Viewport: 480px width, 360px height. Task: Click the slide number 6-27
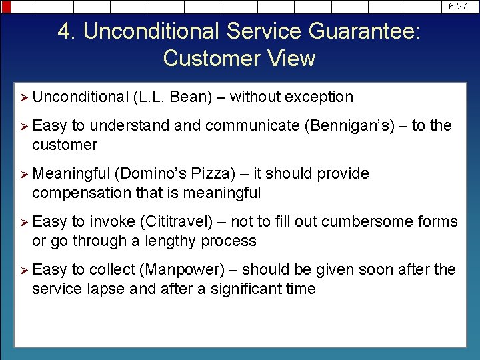[457, 6]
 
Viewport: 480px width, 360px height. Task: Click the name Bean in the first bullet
[191, 97]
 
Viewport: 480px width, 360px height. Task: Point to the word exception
[319, 97]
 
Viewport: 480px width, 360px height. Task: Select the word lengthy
[173, 241]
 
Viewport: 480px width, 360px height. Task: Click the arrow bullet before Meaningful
[23, 173]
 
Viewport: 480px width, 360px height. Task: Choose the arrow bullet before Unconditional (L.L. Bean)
[23, 97]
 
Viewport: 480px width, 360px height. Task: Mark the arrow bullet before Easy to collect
[23, 269]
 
